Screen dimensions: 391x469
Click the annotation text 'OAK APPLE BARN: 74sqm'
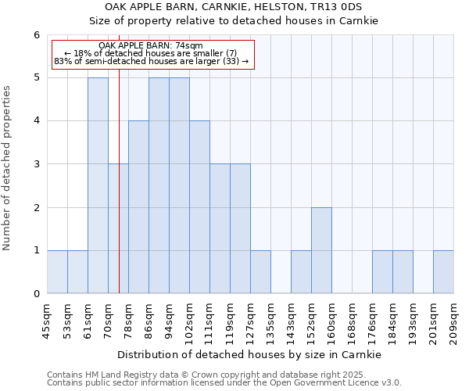click(x=151, y=46)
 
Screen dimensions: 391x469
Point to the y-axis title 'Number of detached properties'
click(x=8, y=169)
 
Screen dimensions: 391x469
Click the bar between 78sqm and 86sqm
click(x=138, y=207)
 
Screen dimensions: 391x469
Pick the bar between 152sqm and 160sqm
click(x=321, y=250)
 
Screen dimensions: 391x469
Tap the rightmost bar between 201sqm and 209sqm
click(x=443, y=272)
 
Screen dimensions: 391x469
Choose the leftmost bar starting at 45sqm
click(x=57, y=272)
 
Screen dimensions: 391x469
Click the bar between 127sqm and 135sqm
click(x=260, y=272)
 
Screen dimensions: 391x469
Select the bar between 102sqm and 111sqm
click(x=199, y=207)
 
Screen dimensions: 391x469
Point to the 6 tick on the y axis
click(x=36, y=35)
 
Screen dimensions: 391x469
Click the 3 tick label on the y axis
click(x=36, y=164)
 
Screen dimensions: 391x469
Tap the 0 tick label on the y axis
click(x=36, y=294)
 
